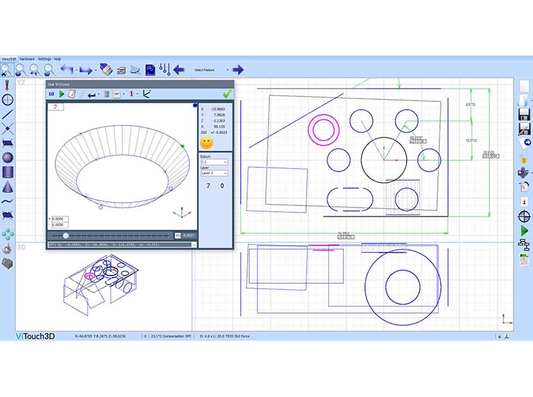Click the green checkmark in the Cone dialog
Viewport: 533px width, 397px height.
[x=227, y=94]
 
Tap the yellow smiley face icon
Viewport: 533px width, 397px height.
[x=206, y=142]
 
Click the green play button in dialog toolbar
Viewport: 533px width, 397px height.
[x=62, y=94]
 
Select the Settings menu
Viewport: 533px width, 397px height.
[x=44, y=59]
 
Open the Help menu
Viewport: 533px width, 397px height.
[x=58, y=59]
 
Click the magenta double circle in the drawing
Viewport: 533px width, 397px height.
[x=322, y=128]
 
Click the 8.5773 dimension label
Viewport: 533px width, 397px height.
[x=471, y=104]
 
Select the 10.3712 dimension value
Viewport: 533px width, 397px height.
[x=471, y=140]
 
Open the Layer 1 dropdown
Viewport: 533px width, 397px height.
[x=214, y=173]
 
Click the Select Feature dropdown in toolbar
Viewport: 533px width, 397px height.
[x=211, y=70]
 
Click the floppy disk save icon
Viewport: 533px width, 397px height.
[x=524, y=112]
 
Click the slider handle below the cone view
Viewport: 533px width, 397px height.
[x=66, y=236]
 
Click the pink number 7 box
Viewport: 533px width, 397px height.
[x=55, y=107]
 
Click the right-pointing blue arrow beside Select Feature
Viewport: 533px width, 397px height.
[x=238, y=69]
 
